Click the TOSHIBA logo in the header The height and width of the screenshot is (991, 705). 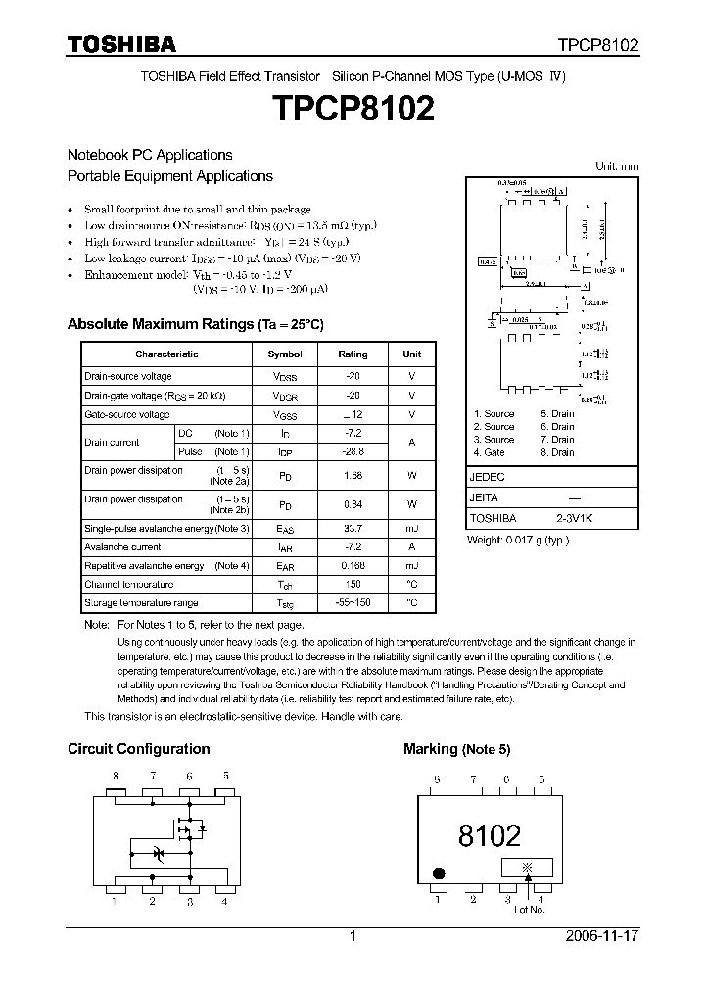tap(121, 44)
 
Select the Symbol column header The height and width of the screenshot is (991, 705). tap(285, 354)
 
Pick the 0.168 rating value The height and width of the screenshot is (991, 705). tap(352, 566)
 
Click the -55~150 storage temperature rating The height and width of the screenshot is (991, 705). tap(352, 602)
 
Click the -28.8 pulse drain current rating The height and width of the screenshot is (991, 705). tap(352, 451)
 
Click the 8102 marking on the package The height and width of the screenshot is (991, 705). tap(490, 835)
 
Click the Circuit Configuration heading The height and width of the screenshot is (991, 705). tap(138, 749)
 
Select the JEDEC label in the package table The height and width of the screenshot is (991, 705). tap(488, 477)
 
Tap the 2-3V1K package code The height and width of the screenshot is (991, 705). tap(574, 518)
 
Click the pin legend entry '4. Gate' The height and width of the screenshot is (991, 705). tap(490, 452)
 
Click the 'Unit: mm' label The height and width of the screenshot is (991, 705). tap(617, 166)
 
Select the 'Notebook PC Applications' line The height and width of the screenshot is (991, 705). tap(150, 155)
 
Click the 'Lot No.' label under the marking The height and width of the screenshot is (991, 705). tap(530, 910)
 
